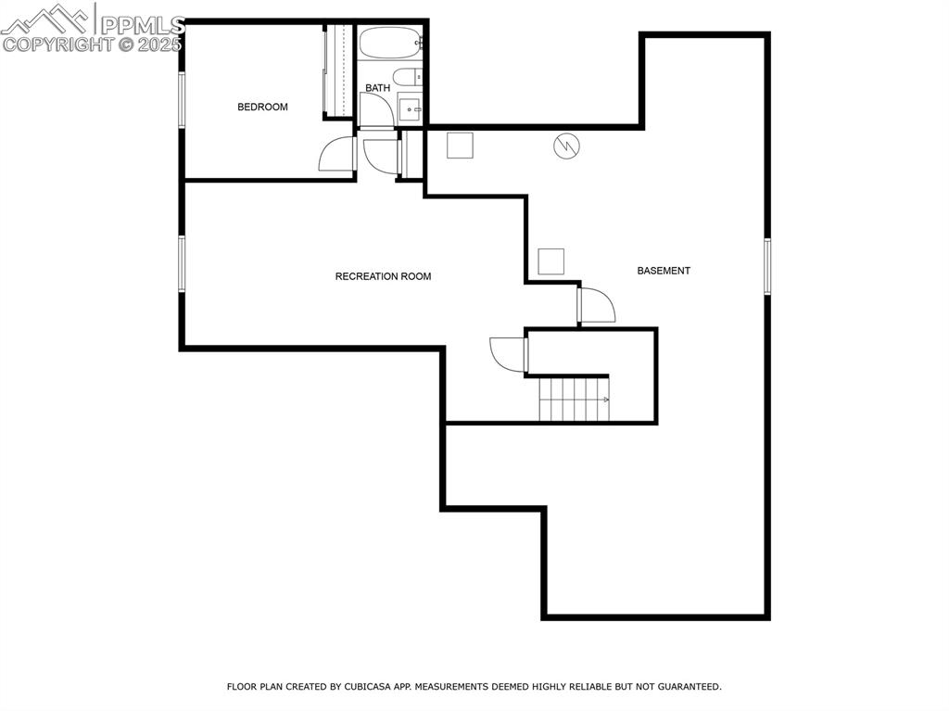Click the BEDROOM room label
[262, 108]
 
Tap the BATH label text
[378, 88]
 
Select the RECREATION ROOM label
[383, 277]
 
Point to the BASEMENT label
[664, 271]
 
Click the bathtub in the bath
[390, 43]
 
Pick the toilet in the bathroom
[408, 77]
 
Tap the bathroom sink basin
[411, 109]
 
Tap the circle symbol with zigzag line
[566, 146]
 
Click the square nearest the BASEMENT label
[550, 261]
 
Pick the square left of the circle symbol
[460, 146]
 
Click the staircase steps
[574, 399]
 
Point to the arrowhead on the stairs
[606, 400]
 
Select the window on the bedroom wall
[181, 100]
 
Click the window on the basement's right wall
[767, 266]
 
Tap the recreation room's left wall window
[181, 263]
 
